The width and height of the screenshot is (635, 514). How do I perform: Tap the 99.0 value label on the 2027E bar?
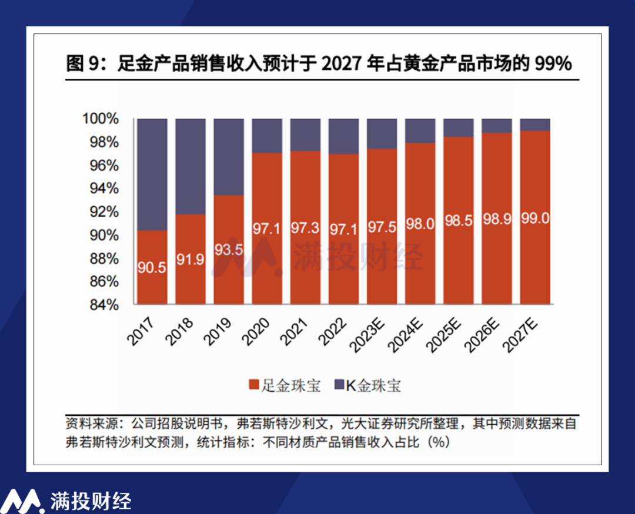point(535,219)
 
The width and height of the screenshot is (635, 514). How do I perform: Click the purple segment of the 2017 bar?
point(152,174)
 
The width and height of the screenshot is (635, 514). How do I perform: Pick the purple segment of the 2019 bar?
point(228,156)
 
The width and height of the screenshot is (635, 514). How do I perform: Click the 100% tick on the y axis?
point(103,119)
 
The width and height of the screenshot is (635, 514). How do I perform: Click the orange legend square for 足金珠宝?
point(254,385)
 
